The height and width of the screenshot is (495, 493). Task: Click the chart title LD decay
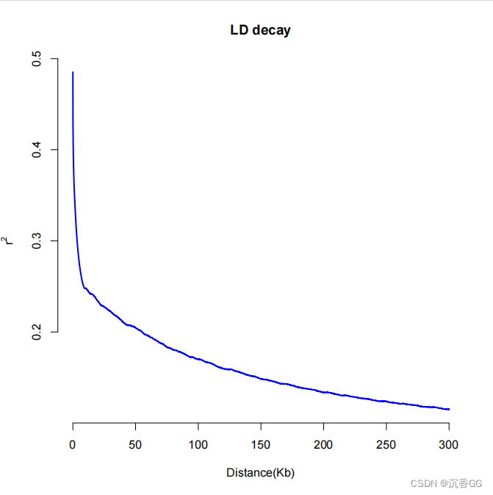tap(260, 31)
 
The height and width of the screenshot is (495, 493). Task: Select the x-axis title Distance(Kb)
tap(260, 473)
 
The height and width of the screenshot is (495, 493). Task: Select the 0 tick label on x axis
tap(73, 445)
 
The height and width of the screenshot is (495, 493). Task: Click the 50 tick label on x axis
tap(135, 445)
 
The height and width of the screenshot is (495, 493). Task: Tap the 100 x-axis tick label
tap(198, 445)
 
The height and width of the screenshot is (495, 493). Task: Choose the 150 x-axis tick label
tap(260, 445)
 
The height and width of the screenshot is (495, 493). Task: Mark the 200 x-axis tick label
tap(323, 445)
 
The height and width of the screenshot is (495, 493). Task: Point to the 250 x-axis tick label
tap(386, 445)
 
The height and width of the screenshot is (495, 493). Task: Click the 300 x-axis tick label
tap(448, 445)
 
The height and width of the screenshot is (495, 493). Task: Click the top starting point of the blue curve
tap(73, 73)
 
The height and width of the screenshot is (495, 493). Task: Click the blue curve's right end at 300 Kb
tap(448, 409)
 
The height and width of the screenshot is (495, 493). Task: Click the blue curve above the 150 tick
tap(260, 378)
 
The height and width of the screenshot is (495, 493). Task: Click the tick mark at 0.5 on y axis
tap(54, 59)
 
